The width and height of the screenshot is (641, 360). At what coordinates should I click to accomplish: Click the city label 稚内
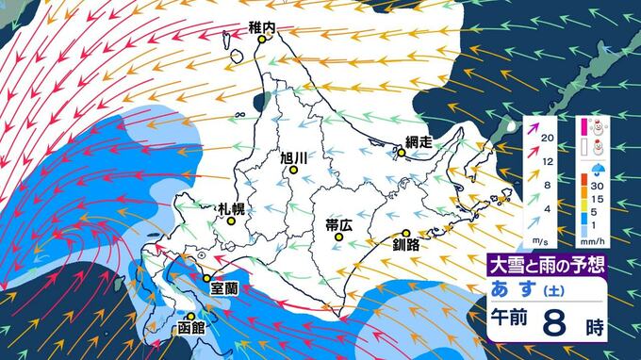[x=261, y=27]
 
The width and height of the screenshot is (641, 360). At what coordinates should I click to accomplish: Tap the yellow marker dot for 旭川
[x=293, y=171]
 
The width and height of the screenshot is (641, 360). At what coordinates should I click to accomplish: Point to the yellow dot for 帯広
[x=338, y=239]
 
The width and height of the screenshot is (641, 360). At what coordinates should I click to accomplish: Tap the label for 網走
[x=417, y=141]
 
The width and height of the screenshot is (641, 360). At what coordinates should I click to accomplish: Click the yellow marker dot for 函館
[x=190, y=317]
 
